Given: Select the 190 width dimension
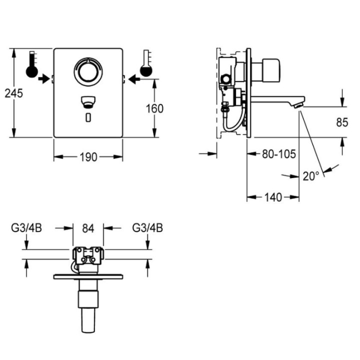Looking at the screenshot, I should [88, 157].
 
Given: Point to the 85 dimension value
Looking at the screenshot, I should [342, 122].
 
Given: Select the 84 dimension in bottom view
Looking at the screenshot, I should [88, 228].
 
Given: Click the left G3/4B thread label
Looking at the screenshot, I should [27, 228].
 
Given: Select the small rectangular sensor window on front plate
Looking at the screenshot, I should [88, 117].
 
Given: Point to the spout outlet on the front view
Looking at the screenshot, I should [88, 102].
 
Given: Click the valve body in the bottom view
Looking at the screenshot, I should [88, 255].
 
